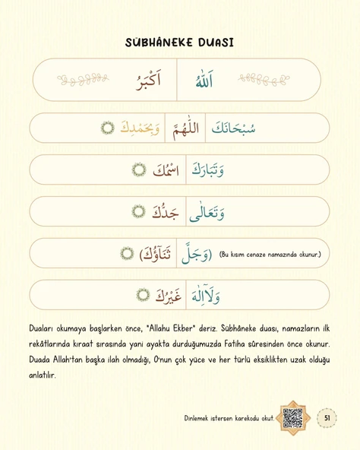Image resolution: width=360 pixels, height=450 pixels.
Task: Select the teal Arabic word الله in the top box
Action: (201, 81)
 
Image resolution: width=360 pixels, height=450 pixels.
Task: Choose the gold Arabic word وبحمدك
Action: (141, 128)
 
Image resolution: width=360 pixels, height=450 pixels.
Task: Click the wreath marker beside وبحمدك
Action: (108, 128)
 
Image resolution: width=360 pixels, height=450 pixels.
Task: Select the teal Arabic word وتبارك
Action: (207, 170)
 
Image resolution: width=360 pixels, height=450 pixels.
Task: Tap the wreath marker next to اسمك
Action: (138, 170)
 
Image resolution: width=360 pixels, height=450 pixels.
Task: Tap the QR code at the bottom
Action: (292, 417)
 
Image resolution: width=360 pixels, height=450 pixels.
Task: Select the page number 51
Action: (327, 417)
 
